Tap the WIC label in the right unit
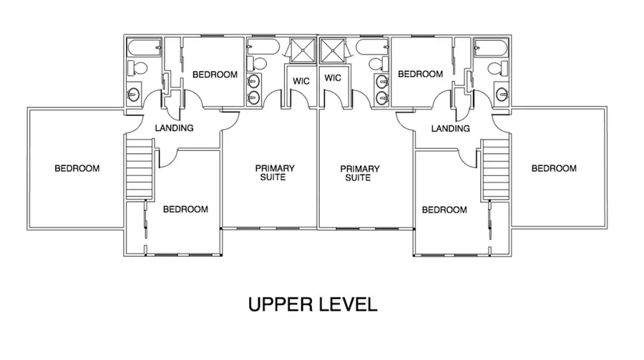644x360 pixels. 333,77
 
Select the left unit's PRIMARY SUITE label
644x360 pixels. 275,172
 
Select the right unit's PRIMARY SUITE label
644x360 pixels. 360,172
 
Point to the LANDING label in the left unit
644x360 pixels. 175,129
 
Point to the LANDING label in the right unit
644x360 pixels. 451,129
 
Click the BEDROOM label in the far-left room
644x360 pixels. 77,169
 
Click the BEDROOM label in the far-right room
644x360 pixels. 553,169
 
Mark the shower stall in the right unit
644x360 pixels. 333,50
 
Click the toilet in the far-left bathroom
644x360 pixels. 137,69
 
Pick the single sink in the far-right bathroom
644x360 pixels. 502,93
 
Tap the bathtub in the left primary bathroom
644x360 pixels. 262,48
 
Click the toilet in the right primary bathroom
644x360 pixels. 376,65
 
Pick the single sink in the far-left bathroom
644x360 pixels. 133,94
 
